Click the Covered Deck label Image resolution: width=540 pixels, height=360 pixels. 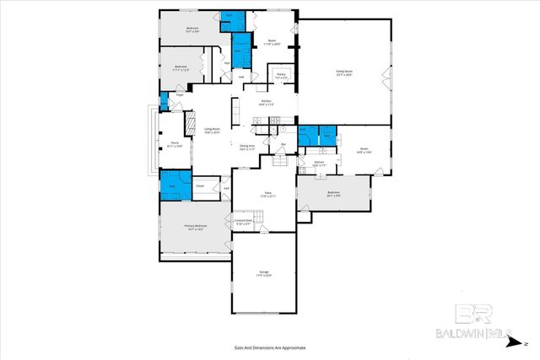point(243,223)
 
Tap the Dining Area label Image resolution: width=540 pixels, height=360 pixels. point(247,148)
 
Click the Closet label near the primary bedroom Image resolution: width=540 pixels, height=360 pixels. point(200,185)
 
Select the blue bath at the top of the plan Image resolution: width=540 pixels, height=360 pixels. point(232,20)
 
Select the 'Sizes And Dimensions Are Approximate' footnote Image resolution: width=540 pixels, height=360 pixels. point(269,347)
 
